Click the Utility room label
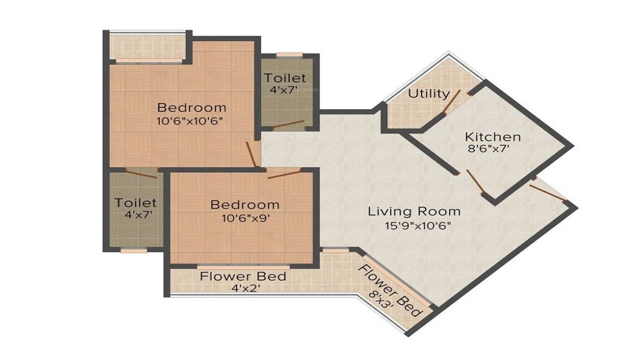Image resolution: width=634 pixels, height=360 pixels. (429, 93)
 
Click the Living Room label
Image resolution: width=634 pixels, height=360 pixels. (414, 211)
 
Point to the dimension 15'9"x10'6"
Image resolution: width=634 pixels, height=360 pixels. (414, 225)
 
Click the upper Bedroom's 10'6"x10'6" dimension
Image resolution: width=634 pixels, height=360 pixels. (191, 120)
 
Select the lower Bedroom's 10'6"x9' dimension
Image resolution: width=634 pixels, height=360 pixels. (245, 219)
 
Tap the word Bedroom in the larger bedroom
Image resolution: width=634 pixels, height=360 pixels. (191, 106)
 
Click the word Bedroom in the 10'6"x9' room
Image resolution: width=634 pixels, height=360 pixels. (245, 205)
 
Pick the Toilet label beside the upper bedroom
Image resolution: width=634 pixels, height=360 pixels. (285, 78)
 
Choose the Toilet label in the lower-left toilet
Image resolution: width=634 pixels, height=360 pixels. (135, 203)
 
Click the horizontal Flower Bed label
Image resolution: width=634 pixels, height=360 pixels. (243, 277)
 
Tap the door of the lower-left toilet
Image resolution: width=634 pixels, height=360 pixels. (140, 170)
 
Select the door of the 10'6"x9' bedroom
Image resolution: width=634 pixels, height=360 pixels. (283, 174)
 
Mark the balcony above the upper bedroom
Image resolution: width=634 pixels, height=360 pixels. (146, 46)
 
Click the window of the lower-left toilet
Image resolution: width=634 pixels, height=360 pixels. (134, 250)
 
